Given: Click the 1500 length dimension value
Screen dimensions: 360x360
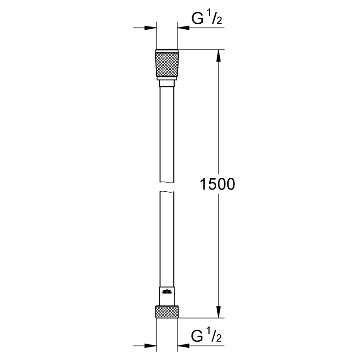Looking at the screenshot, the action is [217, 184].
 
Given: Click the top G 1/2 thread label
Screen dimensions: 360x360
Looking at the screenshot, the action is [207, 18].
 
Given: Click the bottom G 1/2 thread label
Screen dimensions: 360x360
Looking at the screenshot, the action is [206, 335].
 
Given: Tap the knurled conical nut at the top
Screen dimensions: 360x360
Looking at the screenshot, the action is [167, 64].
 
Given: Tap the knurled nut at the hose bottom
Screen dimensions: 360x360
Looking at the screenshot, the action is [167, 311].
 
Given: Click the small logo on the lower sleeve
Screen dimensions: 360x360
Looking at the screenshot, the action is [167, 292].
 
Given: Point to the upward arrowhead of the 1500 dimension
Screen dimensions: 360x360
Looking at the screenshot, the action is [219, 55].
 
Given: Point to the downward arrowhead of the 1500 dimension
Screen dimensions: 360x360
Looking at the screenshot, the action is [219, 312].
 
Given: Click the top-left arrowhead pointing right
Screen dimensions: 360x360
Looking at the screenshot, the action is [150, 28].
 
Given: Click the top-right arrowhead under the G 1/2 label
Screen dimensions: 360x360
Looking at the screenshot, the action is [184, 28].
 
